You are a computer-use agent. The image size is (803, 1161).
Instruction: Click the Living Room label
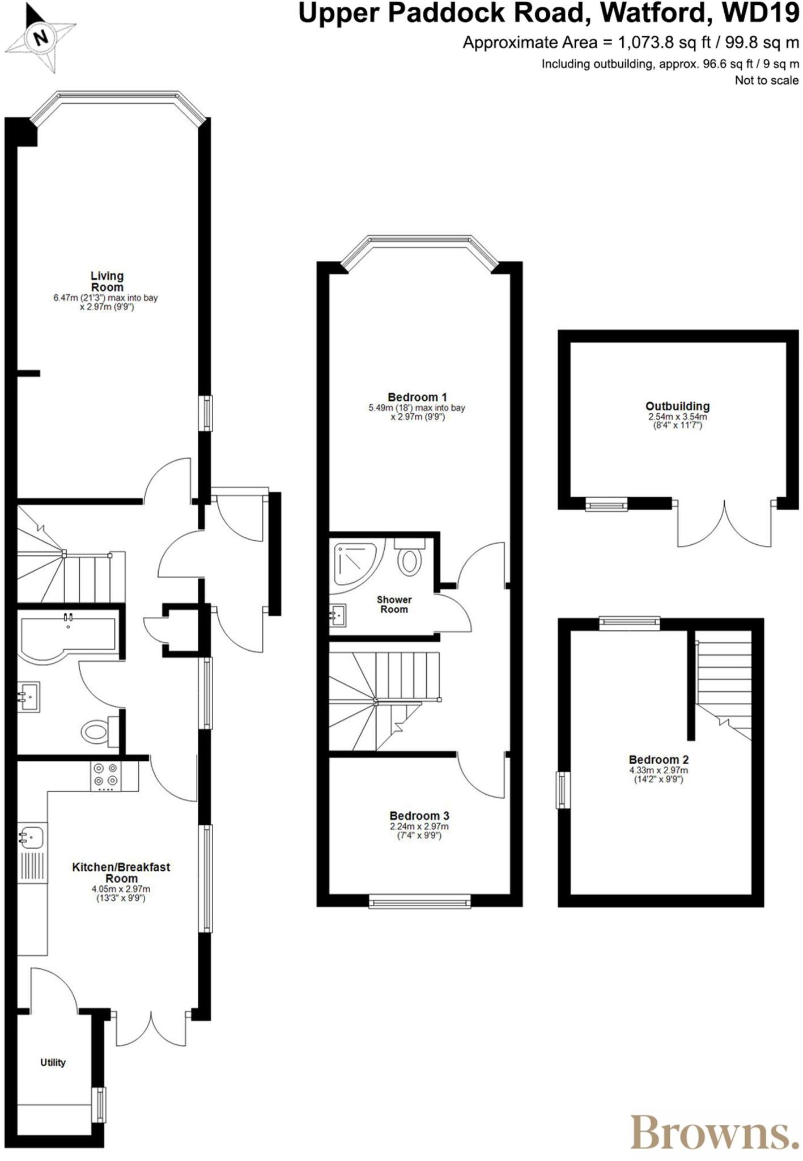pyautogui.click(x=107, y=282)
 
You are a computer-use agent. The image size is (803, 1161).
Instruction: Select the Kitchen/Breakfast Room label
pyautogui.click(x=121, y=872)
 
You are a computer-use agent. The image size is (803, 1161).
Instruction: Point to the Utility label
pyautogui.click(x=53, y=1062)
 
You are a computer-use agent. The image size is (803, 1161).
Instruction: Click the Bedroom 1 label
pyautogui.click(x=417, y=397)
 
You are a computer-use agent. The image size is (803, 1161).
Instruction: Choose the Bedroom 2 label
pyautogui.click(x=658, y=760)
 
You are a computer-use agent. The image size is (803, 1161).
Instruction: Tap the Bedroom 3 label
pyautogui.click(x=419, y=816)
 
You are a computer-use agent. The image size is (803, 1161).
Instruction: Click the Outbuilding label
pyautogui.click(x=677, y=406)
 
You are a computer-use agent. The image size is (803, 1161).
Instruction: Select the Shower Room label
pyautogui.click(x=394, y=604)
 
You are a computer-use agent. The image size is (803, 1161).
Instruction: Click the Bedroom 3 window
pyautogui.click(x=419, y=901)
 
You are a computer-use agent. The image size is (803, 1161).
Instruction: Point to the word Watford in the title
pyautogui.click(x=655, y=14)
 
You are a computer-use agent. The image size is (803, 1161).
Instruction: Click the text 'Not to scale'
pyautogui.click(x=766, y=80)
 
